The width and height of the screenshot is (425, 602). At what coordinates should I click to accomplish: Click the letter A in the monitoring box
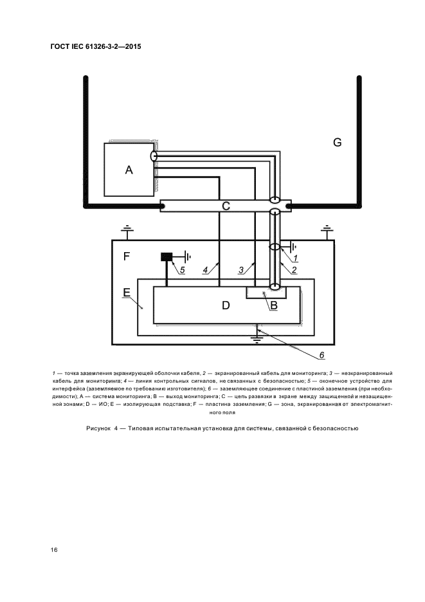click(x=129, y=170)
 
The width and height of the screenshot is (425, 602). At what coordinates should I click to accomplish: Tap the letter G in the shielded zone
click(x=337, y=142)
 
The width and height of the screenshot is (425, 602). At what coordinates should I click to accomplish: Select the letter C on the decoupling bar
click(x=226, y=206)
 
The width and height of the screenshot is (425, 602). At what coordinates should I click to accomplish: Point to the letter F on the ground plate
click(x=126, y=256)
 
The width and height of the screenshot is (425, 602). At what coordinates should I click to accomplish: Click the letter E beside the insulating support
click(x=127, y=293)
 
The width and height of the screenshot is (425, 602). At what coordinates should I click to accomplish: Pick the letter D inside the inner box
click(x=226, y=306)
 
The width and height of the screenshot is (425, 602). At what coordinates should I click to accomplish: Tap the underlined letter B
click(x=274, y=306)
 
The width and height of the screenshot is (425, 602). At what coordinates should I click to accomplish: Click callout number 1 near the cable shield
click(x=295, y=258)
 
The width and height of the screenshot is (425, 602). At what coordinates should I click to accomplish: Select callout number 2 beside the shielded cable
click(x=294, y=270)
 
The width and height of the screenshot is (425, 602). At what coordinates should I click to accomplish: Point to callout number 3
click(x=241, y=270)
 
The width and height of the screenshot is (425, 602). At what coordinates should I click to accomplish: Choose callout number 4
click(x=205, y=270)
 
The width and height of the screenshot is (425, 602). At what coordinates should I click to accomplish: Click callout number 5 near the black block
click(x=183, y=270)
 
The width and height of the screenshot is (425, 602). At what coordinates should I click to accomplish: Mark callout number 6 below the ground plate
click(x=321, y=355)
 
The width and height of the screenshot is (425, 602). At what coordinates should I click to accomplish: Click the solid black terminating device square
click(x=167, y=257)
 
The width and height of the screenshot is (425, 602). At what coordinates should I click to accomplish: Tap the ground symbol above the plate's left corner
click(x=126, y=231)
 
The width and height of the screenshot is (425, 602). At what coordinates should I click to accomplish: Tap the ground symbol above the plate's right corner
click(x=327, y=231)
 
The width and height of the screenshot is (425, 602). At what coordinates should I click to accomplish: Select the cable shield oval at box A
click(x=154, y=156)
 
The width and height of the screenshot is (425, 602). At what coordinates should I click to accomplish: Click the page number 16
click(x=54, y=550)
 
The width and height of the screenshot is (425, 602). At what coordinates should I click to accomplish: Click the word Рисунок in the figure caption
click(x=98, y=428)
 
